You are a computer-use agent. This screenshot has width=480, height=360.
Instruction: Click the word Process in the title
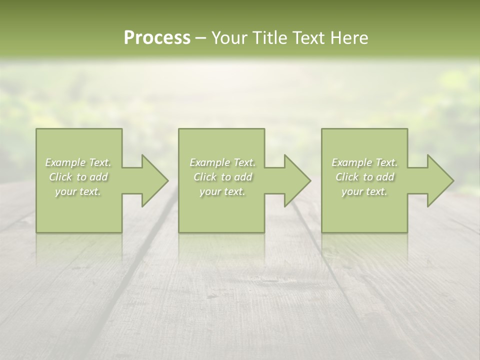pos(157,38)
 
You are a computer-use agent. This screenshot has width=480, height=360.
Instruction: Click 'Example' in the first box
pos(65,162)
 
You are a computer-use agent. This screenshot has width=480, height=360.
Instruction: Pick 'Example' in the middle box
pos(209,162)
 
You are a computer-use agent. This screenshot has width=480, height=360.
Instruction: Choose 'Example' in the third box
pos(351,162)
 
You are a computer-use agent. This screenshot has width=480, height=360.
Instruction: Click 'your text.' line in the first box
pos(78,191)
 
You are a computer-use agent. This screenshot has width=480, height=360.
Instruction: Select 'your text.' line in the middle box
pos(222,191)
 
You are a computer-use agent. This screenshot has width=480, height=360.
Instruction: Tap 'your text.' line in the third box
pos(364,191)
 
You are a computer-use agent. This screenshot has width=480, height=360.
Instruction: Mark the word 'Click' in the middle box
pos(205,177)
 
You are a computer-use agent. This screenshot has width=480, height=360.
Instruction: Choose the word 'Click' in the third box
pos(347,177)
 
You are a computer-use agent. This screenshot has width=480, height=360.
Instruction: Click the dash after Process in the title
pos(200,38)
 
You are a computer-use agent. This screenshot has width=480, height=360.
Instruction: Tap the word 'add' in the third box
pos(385,177)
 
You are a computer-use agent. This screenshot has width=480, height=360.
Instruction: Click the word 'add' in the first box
pos(99,177)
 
